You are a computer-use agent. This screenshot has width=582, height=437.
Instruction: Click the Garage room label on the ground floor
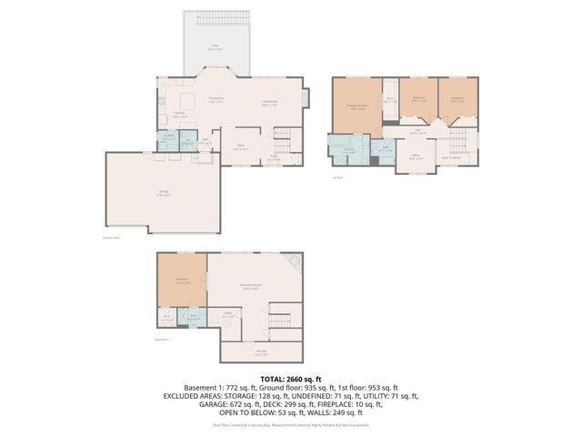coord(163,193)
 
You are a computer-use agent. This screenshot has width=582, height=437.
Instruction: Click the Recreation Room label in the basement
coord(252,286)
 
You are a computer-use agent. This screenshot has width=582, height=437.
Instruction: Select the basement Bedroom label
coord(182,281)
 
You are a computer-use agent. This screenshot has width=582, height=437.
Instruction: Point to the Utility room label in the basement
coord(227,318)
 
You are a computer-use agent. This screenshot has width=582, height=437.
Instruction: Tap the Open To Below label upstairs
coord(452,157)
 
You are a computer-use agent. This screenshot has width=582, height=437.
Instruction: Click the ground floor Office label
coord(242,147)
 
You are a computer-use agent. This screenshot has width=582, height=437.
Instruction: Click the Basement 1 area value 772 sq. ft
coord(240,387)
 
